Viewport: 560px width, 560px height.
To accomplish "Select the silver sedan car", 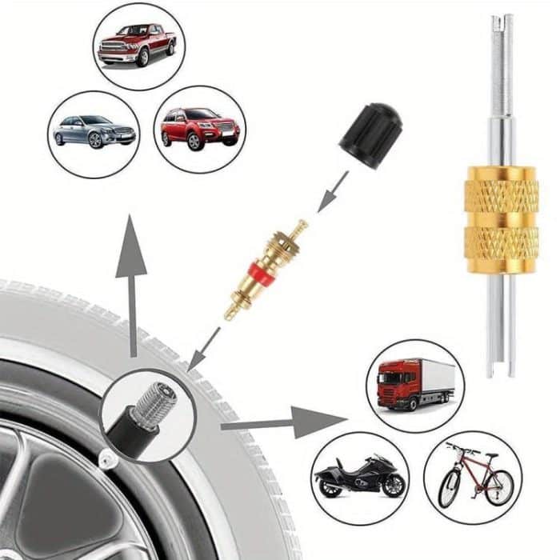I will coord(94,131).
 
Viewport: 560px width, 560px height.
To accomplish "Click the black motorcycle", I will coord(359,475).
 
